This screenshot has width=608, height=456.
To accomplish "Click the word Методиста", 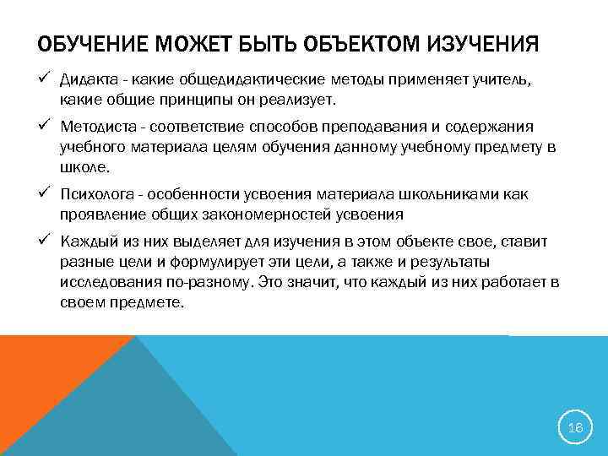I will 97,127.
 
